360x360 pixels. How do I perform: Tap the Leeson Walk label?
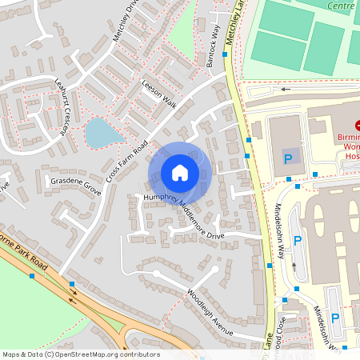158,92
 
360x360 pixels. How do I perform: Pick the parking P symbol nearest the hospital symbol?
288,158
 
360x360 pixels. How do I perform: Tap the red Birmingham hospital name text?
349,146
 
